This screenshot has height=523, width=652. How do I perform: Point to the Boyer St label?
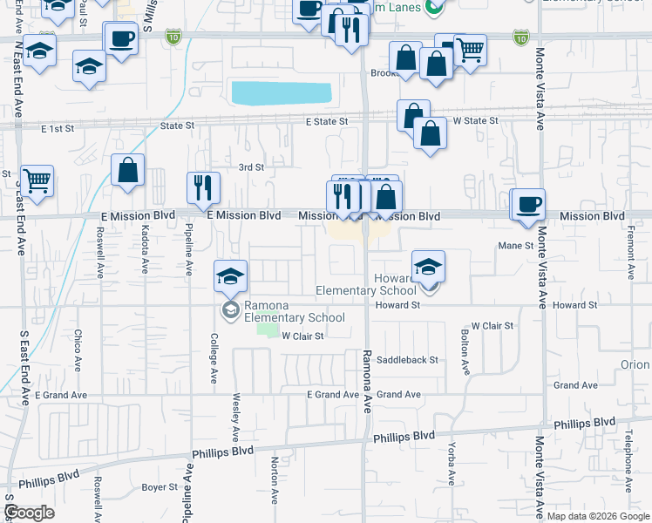coord(160,487)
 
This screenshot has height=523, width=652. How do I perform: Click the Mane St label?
coord(515,246)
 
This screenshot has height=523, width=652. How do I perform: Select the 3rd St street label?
coord(251,167)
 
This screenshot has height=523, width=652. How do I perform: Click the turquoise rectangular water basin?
coord(282,92)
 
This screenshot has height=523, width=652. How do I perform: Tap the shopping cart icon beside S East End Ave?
coord(37,181)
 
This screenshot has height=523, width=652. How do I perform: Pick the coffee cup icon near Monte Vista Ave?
coord(528,205)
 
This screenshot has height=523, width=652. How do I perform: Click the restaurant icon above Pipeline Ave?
coord(203,187)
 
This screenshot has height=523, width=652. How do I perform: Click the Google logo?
coord(30,513)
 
